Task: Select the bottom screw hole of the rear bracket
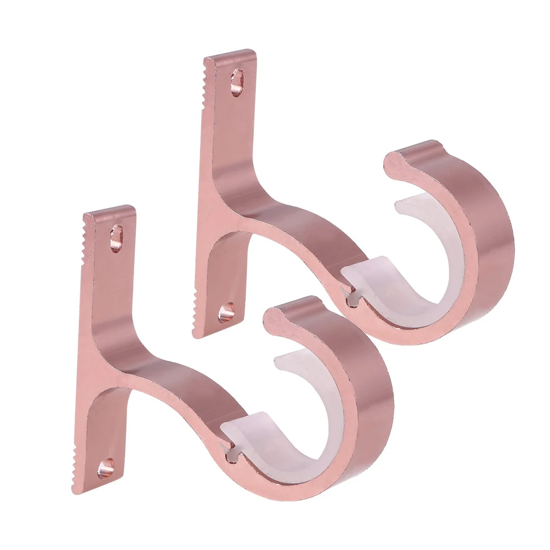coord(225,313)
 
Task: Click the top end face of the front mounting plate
coord(110,211)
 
